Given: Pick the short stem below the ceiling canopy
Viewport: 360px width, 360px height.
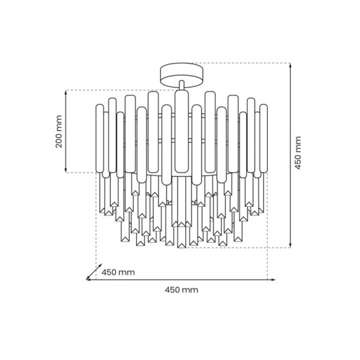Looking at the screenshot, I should pos(180,84).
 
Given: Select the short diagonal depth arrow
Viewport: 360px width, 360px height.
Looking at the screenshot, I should pos(94,272).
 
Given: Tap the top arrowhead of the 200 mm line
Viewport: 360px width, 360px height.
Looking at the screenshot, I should pos(67,93).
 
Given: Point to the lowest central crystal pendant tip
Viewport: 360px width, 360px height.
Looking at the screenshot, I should pos(180,246).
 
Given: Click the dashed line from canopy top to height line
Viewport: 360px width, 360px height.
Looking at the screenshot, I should pos(242,63).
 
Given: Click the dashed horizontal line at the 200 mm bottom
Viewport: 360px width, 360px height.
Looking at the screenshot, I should pos(82,173).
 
